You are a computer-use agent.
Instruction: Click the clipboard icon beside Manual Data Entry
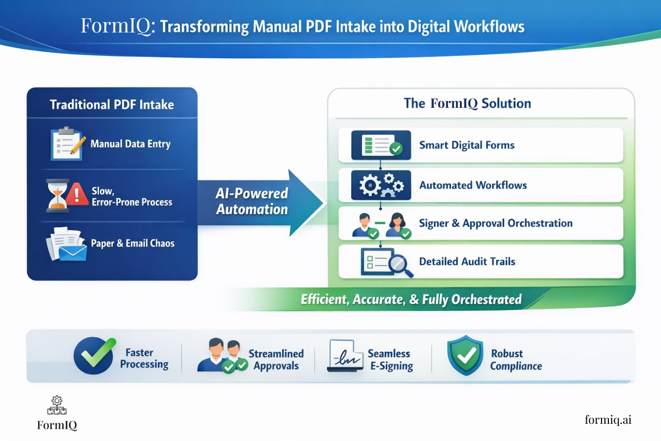pos(67,144)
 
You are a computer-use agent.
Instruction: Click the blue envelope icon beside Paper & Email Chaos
pos(72,252)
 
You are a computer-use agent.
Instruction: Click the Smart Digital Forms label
pos(467,145)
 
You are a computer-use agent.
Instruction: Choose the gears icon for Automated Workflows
pos(381,185)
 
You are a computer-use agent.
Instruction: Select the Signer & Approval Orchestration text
pos(496,223)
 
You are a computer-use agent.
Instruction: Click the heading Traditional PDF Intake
pos(112,104)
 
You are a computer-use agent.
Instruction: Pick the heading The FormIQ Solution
pos(467,103)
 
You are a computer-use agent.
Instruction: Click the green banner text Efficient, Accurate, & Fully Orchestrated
pos(411,299)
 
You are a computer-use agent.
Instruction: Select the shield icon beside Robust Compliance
pos(465,355)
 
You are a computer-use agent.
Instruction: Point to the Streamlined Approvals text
pos(276,360)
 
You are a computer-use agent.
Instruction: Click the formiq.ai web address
pos(608,419)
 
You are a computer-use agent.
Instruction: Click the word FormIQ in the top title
pos(118,26)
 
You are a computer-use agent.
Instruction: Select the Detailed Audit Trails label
pos(467,261)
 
